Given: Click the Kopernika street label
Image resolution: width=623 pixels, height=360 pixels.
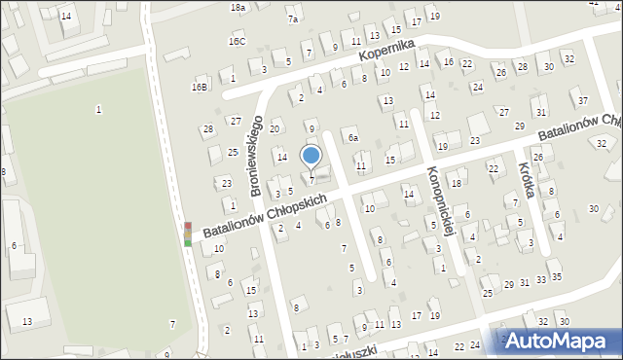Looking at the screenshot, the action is click(386, 54).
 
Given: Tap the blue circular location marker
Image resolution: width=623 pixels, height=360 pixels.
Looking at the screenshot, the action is click(311, 155).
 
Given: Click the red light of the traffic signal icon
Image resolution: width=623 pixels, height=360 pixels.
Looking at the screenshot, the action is click(188, 226).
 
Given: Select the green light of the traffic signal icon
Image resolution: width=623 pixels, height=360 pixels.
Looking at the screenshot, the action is click(188, 242).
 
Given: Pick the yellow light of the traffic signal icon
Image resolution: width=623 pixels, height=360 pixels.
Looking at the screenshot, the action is click(188, 234).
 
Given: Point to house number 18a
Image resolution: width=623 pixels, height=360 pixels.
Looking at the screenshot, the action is click(238, 7).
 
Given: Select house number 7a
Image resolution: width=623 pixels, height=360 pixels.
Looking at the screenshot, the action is click(292, 18).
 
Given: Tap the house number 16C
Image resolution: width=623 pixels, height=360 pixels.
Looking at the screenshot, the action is click(238, 42).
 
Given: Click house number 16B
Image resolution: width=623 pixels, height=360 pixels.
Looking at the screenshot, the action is click(199, 87).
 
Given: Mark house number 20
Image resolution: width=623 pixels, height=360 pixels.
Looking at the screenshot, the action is click(275, 128).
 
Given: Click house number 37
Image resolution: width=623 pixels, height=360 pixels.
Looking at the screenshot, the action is click(582, 100).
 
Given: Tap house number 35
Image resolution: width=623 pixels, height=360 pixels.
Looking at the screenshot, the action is click(556, 277).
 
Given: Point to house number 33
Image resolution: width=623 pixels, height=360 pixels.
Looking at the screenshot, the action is click(540, 279).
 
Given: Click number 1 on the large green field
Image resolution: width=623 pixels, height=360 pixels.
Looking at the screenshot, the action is click(98, 109).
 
